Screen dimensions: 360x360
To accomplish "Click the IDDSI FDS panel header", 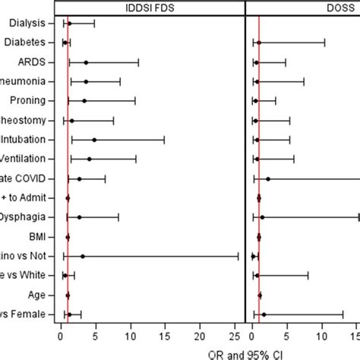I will pos(151,7).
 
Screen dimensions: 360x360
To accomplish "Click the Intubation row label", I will pos(28,140).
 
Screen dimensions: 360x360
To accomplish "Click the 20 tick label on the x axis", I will pos(201,333).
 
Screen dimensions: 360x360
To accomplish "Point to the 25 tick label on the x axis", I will pos(235,333).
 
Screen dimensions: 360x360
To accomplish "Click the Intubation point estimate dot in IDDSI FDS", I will pos(94,140).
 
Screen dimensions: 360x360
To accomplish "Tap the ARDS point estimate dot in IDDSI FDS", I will pos(86,62).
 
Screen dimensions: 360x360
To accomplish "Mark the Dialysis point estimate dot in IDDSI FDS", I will pos(69,24).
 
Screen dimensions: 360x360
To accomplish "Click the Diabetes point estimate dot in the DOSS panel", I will pos(259,43).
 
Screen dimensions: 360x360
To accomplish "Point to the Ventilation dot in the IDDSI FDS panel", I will pos(89,159).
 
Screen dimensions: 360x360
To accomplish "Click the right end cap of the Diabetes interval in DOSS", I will pos(324,43).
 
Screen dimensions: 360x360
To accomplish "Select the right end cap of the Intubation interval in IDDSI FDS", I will pos(164,140).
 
